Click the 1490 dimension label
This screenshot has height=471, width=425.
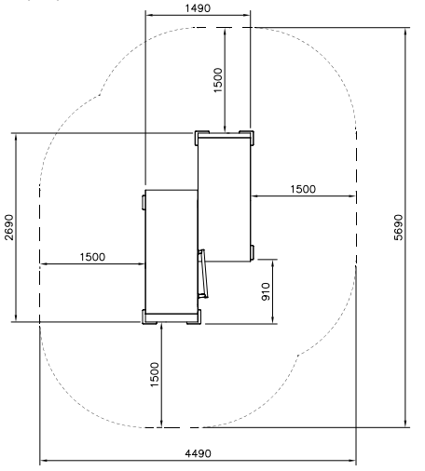click(x=198, y=8)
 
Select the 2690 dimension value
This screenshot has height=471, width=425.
click(x=9, y=227)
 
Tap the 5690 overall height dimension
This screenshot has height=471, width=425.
click(x=398, y=227)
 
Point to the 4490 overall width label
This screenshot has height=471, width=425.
click(x=198, y=453)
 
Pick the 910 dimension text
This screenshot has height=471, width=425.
click(x=266, y=291)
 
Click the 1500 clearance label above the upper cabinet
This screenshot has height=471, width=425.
click(x=218, y=80)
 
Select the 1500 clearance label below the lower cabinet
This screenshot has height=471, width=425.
click(x=155, y=374)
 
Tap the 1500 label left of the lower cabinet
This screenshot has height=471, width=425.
click(x=92, y=257)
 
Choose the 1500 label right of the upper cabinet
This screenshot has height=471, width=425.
click(x=303, y=189)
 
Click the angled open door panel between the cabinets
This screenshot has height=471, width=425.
click(x=203, y=274)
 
